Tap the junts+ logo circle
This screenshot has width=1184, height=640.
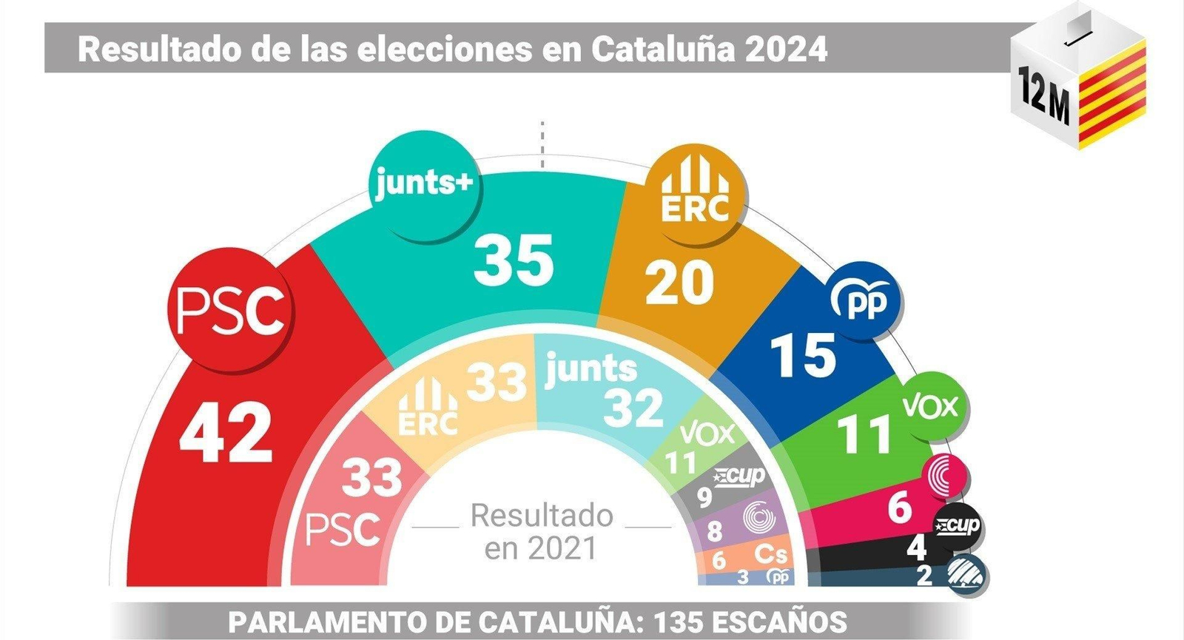[423, 183]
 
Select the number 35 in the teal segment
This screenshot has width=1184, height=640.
[514, 260]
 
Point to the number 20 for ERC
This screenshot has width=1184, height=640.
[679, 283]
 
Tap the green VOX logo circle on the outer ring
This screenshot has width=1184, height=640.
[930, 406]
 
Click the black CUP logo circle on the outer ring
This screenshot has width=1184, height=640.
[958, 527]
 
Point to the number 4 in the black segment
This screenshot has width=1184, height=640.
[916, 548]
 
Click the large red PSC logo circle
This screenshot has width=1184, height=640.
[230, 311]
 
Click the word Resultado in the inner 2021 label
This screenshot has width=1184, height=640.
[542, 516]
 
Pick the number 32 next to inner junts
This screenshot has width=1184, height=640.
[633, 408]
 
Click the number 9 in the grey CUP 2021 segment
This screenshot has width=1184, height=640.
[704, 498]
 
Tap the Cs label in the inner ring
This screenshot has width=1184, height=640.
[770, 554]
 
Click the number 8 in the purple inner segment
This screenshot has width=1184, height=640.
[714, 530]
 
